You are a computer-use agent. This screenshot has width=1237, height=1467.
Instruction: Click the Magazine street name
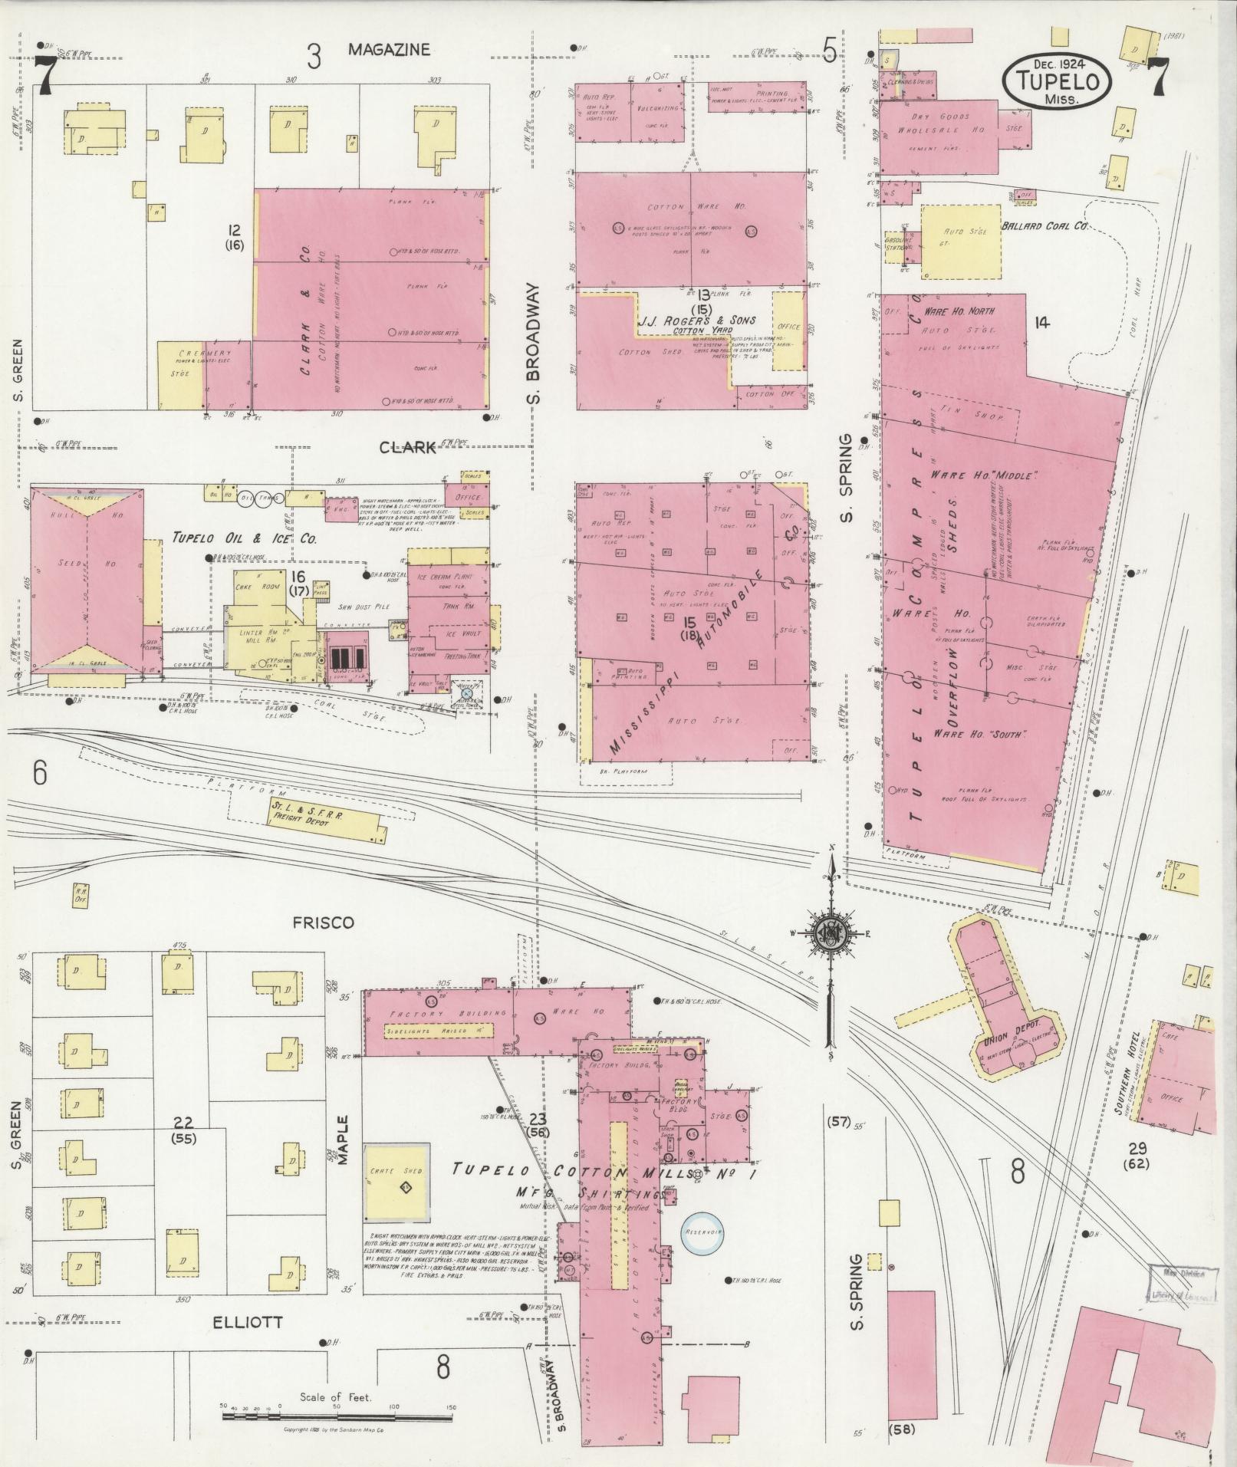click(x=389, y=50)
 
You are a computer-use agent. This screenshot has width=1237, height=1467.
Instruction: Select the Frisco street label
click(x=322, y=923)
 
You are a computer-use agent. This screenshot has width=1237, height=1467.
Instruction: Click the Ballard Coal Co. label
click(x=1045, y=227)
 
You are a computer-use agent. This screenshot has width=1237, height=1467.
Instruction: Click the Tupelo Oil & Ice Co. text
click(x=244, y=539)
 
